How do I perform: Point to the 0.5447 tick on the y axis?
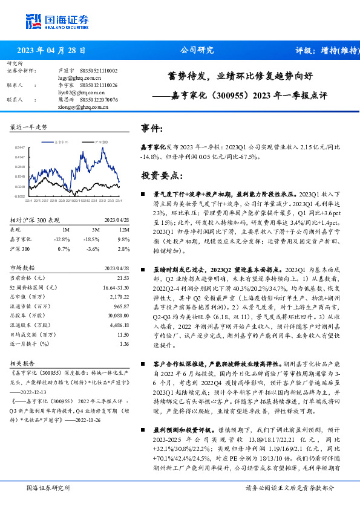tap(20, 147)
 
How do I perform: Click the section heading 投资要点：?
tap(161, 176)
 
